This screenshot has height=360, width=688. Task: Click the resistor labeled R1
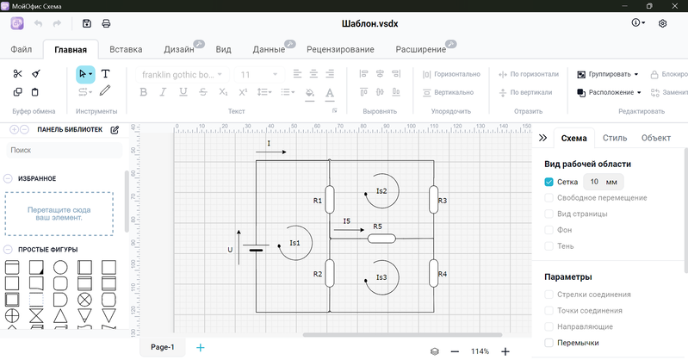[x=330, y=199]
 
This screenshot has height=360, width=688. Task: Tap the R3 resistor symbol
[x=432, y=200]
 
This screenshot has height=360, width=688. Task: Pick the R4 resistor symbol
[x=432, y=274]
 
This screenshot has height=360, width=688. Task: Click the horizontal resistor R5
[x=381, y=238]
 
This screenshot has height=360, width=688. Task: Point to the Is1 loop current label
[x=294, y=243]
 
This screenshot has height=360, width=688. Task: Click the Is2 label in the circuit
[x=381, y=190]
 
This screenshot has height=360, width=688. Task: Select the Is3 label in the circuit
[x=381, y=277]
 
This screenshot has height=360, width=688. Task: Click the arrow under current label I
[x=271, y=152]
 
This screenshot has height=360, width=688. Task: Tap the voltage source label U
[x=230, y=250]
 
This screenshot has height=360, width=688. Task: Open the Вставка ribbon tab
[x=127, y=49]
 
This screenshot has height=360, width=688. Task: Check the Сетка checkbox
[x=549, y=182]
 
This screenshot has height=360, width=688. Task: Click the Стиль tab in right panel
[x=615, y=138]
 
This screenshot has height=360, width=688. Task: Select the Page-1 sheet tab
[x=163, y=347]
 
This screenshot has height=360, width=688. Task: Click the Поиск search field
[x=64, y=150]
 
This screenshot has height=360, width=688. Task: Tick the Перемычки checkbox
[x=549, y=343]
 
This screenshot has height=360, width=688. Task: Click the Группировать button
[x=607, y=74]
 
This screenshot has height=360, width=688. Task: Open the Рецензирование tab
[x=328, y=49]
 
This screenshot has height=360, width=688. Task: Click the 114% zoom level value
[x=480, y=351]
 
